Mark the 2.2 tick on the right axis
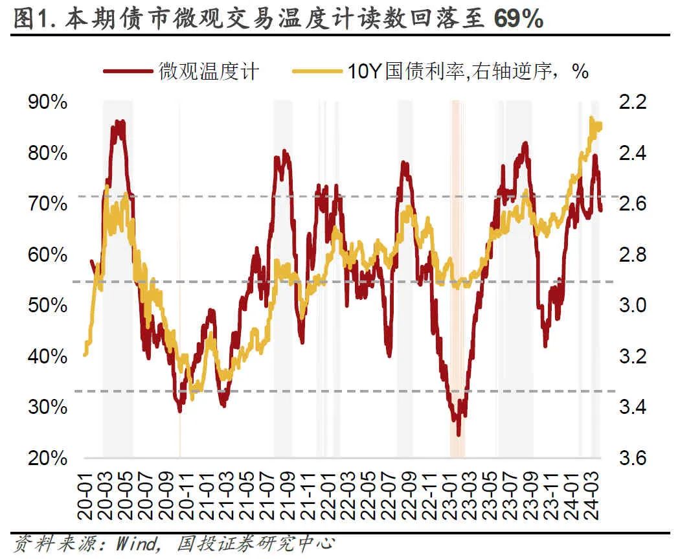tap(632, 102)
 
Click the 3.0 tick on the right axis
tap(632, 305)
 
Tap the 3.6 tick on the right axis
tap(632, 458)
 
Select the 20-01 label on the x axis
tap(85, 495)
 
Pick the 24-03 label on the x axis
tap(592, 495)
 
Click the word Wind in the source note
tap(137, 543)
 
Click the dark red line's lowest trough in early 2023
tap(459, 435)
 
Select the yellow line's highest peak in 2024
tap(591, 118)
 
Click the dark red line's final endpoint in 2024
tap(601, 210)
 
